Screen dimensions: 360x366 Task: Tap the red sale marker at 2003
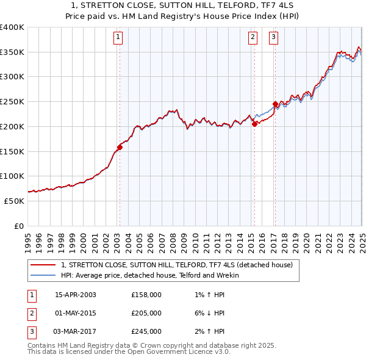120,147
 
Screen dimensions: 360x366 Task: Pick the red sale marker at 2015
254,124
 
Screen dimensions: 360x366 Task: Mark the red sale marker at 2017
275,104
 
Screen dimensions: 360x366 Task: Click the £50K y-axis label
14,201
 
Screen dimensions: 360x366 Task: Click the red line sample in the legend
43,265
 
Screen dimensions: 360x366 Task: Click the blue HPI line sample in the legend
43,275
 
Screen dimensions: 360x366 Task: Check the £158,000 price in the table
146,295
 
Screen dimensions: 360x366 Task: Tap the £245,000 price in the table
146,331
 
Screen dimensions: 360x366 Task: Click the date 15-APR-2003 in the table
76,295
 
